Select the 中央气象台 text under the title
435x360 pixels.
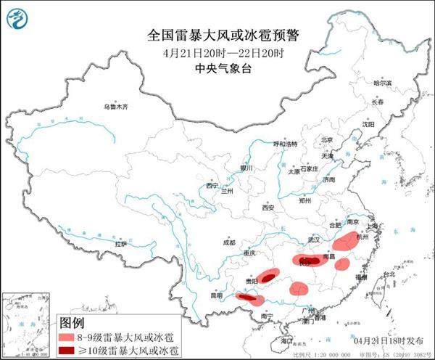coord(217,70)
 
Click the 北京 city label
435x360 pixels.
coord(326,140)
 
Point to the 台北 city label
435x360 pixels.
coord(389,274)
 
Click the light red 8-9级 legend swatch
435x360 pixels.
coord(72,337)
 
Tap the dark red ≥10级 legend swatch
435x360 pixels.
coord(72,351)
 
